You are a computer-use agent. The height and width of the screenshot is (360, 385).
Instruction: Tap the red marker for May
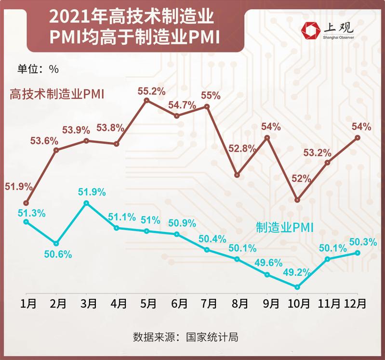coord(147,101)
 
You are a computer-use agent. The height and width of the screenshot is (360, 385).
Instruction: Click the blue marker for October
coord(297,287)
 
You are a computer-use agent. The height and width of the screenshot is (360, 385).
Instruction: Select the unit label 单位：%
coord(38,69)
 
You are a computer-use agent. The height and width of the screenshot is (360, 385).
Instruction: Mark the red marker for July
coord(207,106)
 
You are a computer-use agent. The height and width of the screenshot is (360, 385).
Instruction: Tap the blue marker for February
coord(56,243)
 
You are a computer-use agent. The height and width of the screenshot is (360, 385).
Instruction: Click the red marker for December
coord(357,137)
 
